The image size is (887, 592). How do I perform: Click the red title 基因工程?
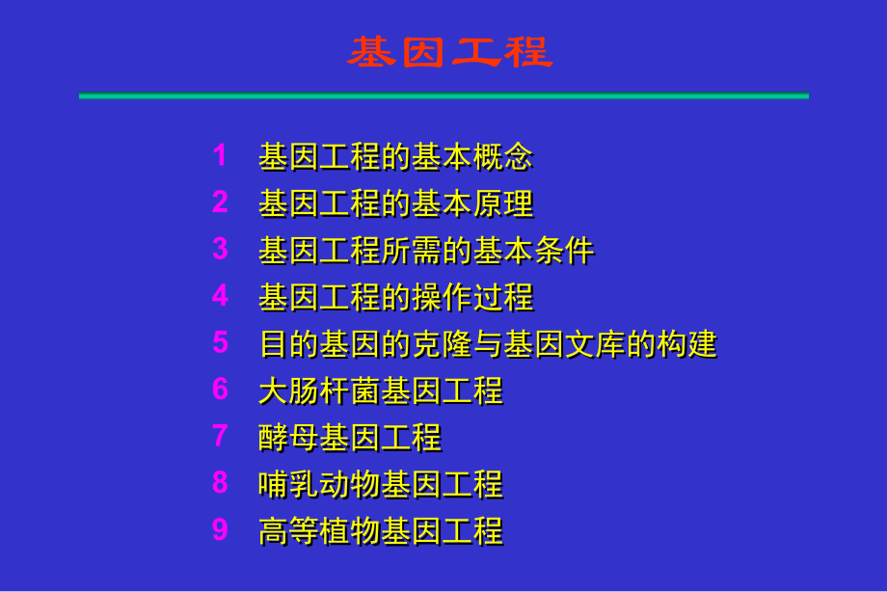[449, 52]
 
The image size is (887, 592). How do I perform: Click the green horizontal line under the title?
[443, 96]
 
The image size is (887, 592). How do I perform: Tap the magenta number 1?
[220, 155]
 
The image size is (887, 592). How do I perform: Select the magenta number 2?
[220, 202]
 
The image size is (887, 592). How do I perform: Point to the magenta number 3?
[220, 249]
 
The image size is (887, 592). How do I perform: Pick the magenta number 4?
[220, 295]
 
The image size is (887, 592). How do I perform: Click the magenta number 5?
[220, 342]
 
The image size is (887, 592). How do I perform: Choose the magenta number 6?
[220, 389]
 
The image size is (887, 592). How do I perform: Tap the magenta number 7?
[220, 436]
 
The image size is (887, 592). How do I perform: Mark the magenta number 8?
[220, 482]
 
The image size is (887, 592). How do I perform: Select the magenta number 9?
[220, 529]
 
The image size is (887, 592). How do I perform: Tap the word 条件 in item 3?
[564, 250]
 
